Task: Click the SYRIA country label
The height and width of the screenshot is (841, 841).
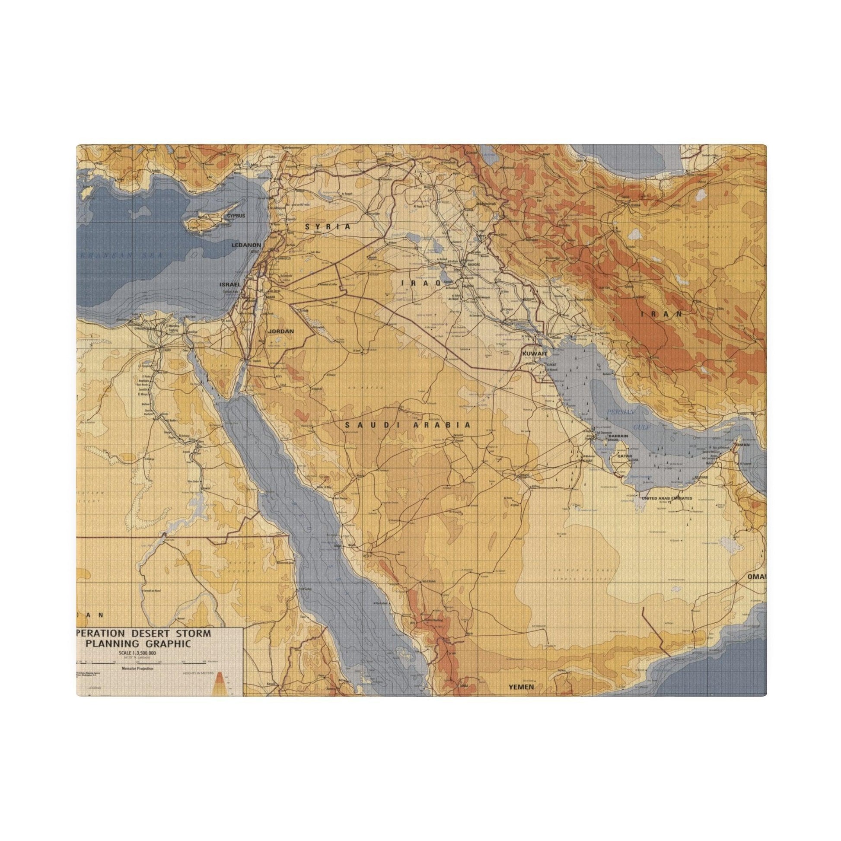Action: (328, 227)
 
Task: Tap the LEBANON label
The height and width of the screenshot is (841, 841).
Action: (246, 245)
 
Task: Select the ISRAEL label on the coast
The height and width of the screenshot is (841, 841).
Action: (230, 284)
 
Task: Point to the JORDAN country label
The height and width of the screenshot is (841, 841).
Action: (282, 331)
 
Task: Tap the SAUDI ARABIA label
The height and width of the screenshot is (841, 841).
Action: (408, 425)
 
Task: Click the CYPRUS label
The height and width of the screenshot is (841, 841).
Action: (236, 216)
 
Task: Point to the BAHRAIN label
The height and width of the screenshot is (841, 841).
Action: (618, 436)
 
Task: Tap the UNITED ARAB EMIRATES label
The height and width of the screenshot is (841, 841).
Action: (670, 498)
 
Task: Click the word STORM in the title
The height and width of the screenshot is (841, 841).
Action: (191, 634)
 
